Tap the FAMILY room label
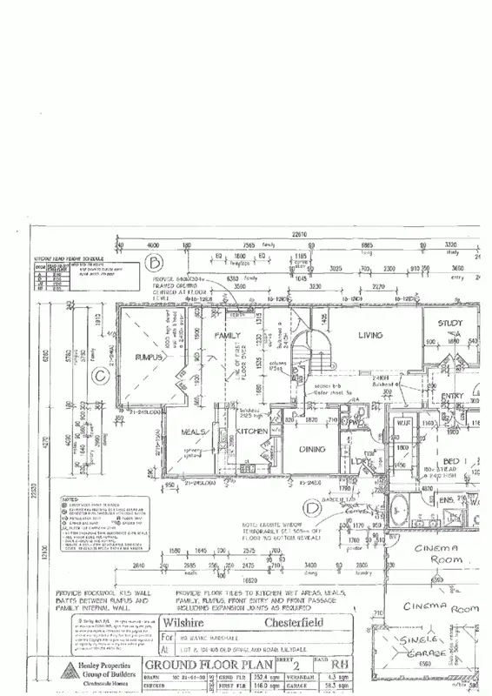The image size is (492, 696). tap(228, 336)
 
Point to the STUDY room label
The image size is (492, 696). tap(451, 324)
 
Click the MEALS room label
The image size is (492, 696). tap(193, 432)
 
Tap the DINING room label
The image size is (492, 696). tap(311, 450)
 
